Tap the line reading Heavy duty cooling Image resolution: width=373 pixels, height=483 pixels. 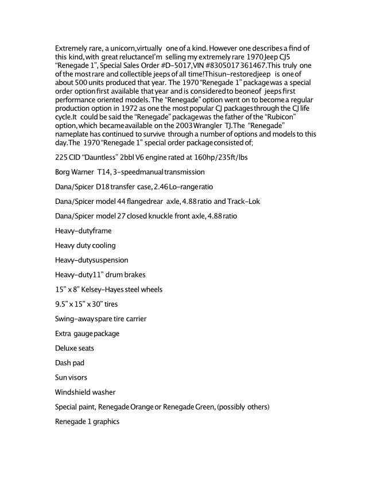(85, 245)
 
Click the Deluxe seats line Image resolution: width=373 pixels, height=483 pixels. (75, 348)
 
